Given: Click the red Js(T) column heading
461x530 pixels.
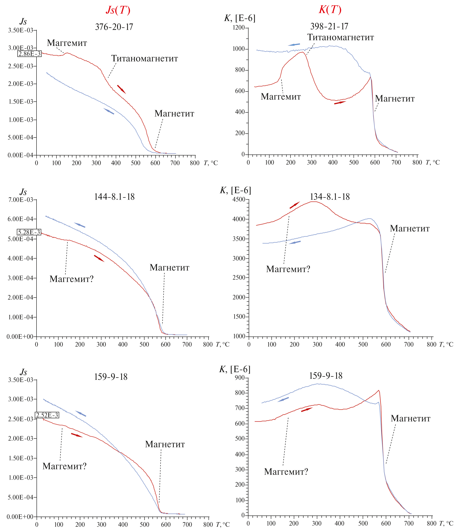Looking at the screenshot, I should [x=118, y=10].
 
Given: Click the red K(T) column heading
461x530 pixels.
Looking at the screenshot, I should [x=330, y=10].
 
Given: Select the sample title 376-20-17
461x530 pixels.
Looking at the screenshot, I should [x=114, y=27].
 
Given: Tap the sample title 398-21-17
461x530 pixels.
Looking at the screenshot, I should [x=329, y=26].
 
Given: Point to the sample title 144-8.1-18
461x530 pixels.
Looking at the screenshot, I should [x=114, y=197].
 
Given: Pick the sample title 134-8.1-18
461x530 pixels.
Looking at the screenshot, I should [x=329, y=197].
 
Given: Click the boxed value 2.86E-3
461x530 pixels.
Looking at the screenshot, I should [x=29, y=54].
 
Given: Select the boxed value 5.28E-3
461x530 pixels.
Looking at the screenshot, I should [x=29, y=232].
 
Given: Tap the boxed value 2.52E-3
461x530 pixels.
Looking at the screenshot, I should [x=47, y=415].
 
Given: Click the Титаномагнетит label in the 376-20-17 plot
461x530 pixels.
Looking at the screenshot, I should [x=144, y=59].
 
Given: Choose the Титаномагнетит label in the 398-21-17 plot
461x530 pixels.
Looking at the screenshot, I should [x=340, y=38].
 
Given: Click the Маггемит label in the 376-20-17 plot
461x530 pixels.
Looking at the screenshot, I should [x=67, y=43].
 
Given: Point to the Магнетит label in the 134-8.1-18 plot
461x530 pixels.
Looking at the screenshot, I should [x=410, y=229].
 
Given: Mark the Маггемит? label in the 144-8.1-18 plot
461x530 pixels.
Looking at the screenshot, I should [x=71, y=279].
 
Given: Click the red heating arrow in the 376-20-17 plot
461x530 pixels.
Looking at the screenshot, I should [x=121, y=89].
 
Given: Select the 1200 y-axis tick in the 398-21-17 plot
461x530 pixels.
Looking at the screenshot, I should [x=238, y=28].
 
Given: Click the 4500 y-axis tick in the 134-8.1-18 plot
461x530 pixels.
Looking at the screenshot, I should [x=238, y=200].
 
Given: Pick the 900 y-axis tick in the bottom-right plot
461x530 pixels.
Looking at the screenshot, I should [x=240, y=378].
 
